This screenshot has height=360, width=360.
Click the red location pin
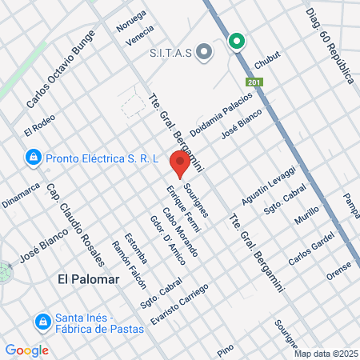180,164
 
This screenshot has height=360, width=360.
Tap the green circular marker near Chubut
237,42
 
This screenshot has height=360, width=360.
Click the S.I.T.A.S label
170,54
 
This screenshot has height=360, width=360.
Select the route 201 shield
254,82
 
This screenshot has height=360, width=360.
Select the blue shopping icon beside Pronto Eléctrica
33,158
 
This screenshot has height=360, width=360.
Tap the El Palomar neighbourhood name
88,279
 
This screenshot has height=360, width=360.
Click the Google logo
27,350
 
